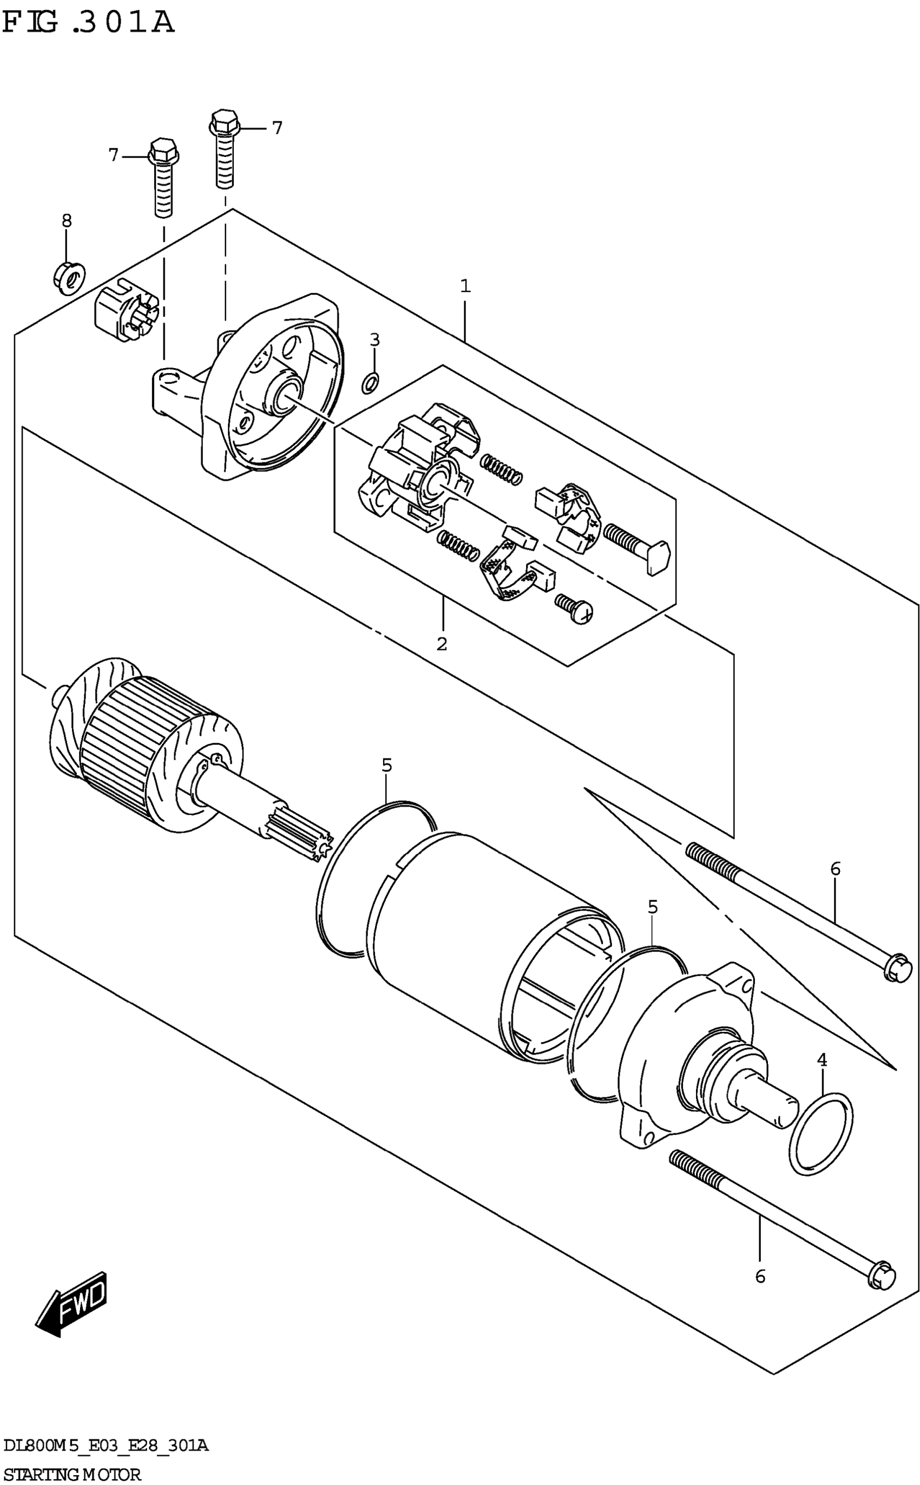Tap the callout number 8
point(67,221)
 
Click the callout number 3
point(375,339)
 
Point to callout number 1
point(465,285)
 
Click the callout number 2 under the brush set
point(442,643)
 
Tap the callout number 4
point(822,1060)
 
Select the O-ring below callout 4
point(821,1133)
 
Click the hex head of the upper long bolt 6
point(897,967)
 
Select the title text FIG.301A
point(88,23)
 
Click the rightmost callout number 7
point(277,128)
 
